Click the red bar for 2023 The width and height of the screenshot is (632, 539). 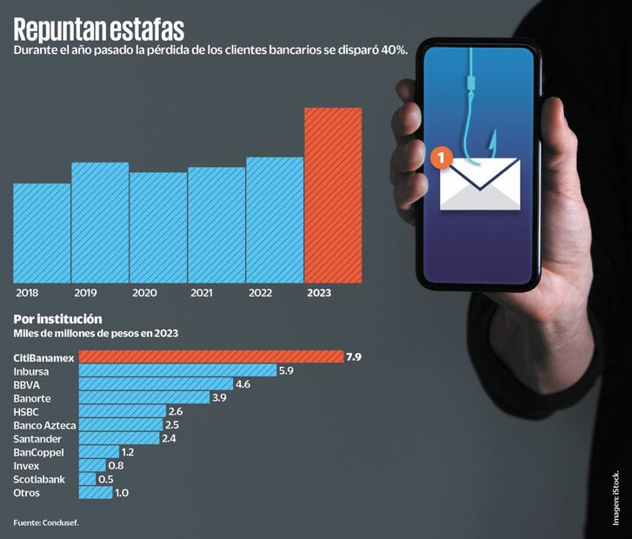click(333, 196)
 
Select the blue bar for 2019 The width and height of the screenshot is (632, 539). click(100, 223)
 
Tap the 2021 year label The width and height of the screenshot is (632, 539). click(201, 294)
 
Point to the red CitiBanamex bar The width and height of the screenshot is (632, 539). click(211, 356)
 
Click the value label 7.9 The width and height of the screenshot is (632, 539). click(353, 356)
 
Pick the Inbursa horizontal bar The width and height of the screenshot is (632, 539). click(177, 370)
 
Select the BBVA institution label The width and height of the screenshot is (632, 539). click(27, 384)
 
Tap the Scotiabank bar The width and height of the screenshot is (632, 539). click(87, 479)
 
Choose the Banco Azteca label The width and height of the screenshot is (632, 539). click(45, 425)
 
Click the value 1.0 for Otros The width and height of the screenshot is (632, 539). click(122, 493)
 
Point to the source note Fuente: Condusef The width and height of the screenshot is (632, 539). click(51, 522)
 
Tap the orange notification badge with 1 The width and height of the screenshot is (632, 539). click(442, 157)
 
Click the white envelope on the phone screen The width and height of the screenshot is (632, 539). click(480, 184)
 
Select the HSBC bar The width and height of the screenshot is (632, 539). click(122, 411)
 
